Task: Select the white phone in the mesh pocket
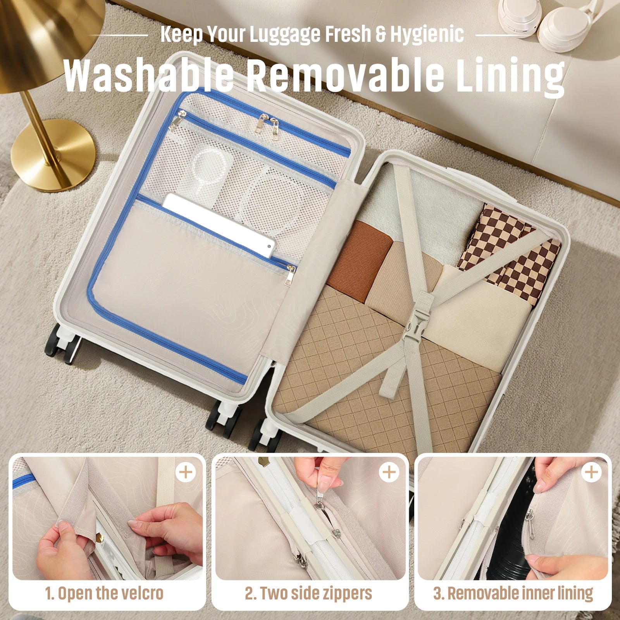coord(219,224)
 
